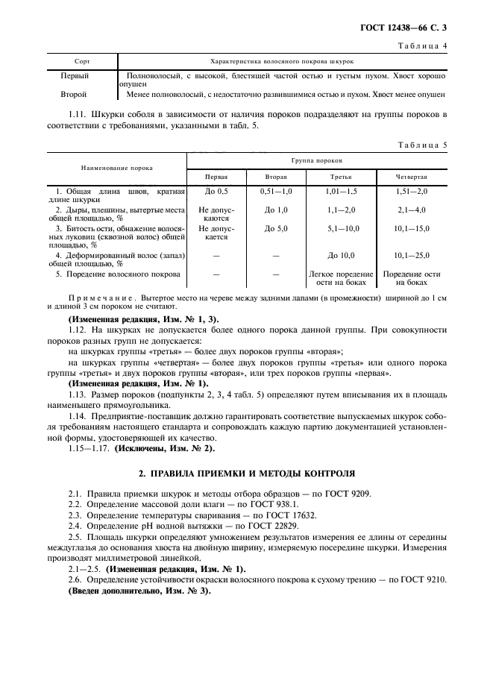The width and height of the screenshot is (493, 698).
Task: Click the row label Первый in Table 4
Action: (75, 76)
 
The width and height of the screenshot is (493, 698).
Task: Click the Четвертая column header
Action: (412, 178)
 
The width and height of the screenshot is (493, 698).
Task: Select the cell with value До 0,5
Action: (216, 192)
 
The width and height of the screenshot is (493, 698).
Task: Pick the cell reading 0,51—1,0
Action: (276, 192)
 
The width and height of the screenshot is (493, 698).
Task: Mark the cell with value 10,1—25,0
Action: (412, 256)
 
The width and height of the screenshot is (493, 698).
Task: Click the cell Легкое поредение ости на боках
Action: (342, 278)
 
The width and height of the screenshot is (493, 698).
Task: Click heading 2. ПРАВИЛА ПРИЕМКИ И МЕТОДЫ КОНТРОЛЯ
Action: (246, 473)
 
